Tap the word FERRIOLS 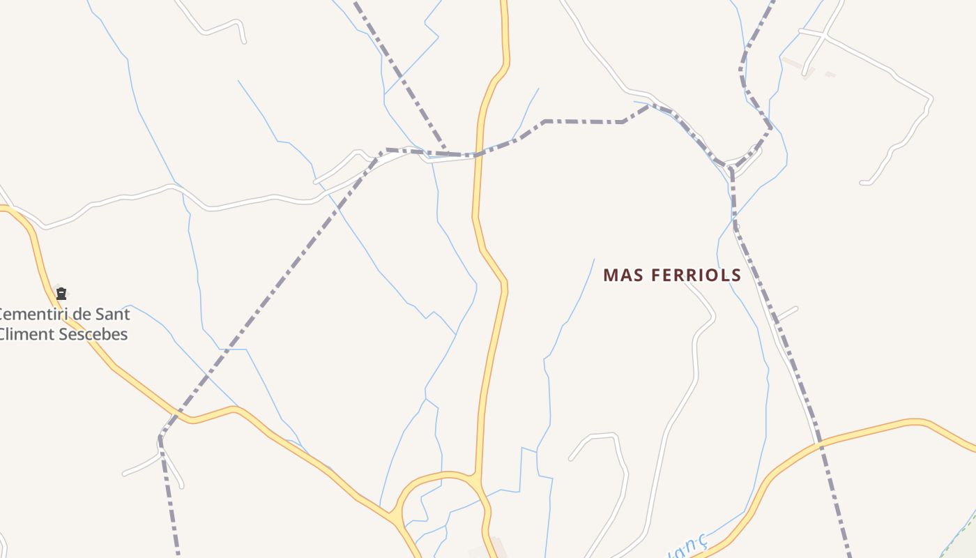pos(696,276)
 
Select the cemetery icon pos(61,294)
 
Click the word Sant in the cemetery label pos(112,314)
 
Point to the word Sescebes pos(93,334)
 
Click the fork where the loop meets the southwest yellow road pos(397,520)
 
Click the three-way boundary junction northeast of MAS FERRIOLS pos(731,167)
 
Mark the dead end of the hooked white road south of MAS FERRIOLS pos(571,459)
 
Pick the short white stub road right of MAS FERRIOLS pos(786,315)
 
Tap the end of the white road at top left pos(244,42)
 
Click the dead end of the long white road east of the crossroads pos(863,183)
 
